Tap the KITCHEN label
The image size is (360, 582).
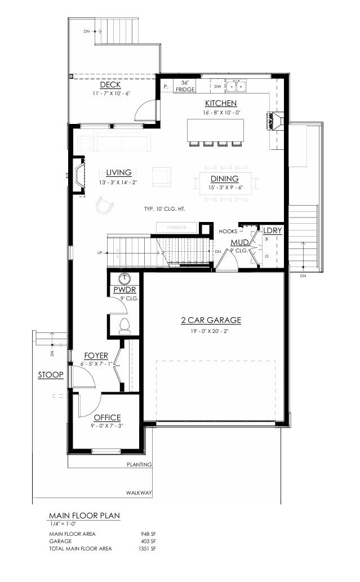coord(221,103)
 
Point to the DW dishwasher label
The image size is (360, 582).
coord(217,86)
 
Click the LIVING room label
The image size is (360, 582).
coord(118,173)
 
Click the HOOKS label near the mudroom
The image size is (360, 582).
coord(228,231)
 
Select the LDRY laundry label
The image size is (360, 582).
coord(272,231)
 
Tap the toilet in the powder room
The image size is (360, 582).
coord(126,326)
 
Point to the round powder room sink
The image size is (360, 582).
coord(125,278)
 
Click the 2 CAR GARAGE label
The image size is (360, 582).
coord(211,320)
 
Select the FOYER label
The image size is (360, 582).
coord(96,356)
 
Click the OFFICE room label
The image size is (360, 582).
coord(107,417)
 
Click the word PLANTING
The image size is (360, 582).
coord(139,465)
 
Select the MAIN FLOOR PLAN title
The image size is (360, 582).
coord(84,515)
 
